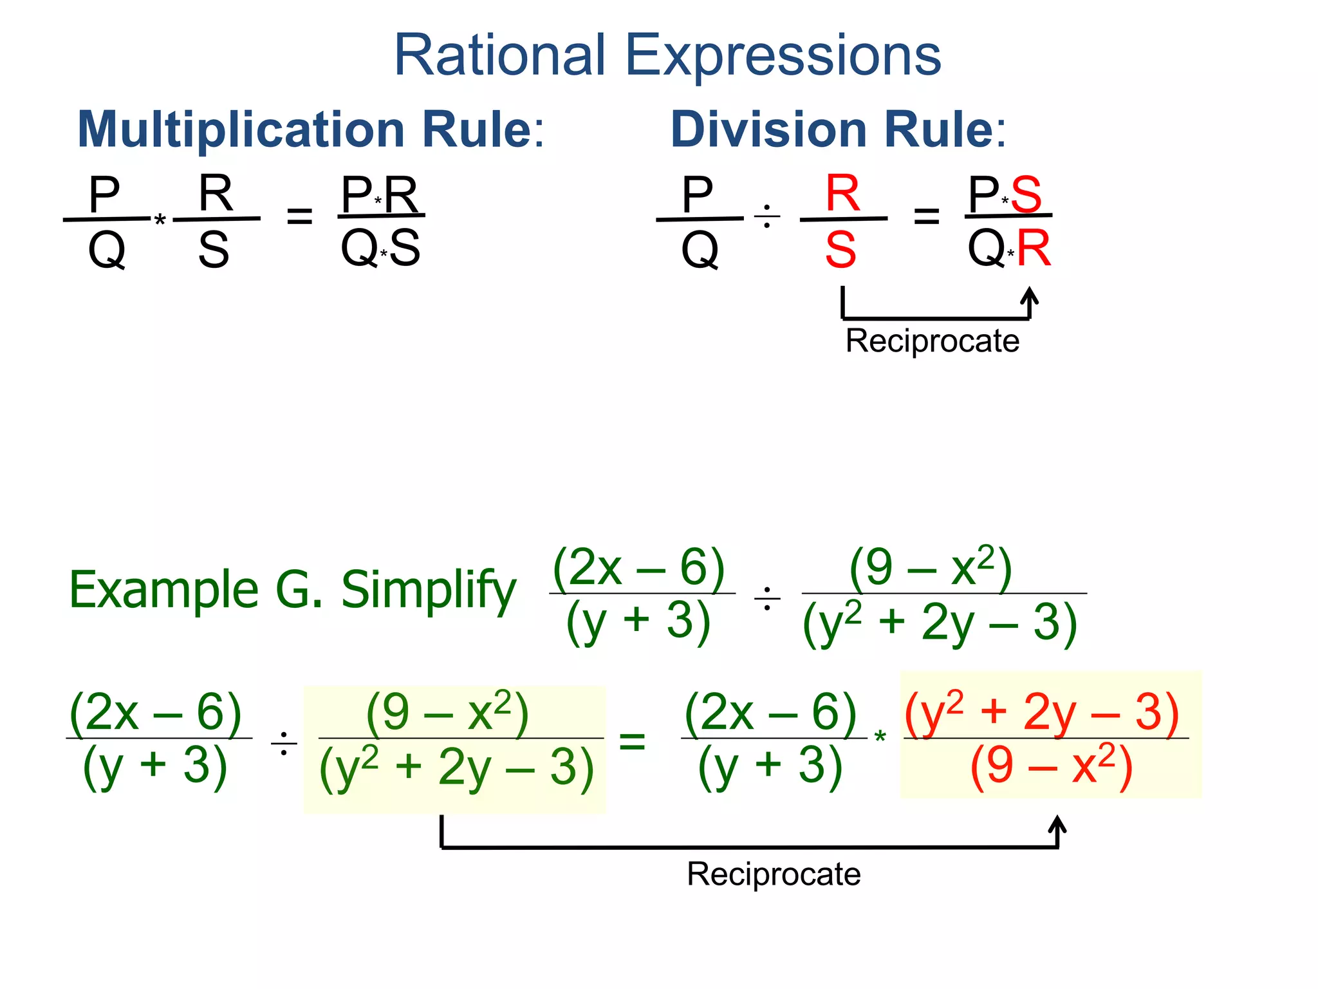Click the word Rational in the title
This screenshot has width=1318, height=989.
(x=499, y=55)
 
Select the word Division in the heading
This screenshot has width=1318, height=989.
(x=769, y=129)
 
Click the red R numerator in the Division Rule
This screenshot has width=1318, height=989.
(x=842, y=193)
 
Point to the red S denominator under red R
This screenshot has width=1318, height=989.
(x=841, y=250)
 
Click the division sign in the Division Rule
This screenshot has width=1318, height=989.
(x=767, y=216)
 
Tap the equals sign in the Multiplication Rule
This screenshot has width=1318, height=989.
(x=299, y=216)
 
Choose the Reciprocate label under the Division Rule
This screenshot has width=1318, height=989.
(x=932, y=341)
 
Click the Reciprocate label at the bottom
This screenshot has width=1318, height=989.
(x=774, y=874)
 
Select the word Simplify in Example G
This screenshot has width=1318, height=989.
(x=429, y=590)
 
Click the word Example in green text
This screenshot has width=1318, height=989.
(x=163, y=590)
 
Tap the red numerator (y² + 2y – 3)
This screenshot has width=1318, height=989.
(x=1042, y=712)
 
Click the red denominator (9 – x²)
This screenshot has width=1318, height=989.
(x=1051, y=766)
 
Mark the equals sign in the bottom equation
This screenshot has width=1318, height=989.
(x=632, y=740)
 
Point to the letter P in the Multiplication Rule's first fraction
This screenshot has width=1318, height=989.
(x=104, y=194)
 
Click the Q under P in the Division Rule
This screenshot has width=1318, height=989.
(x=700, y=250)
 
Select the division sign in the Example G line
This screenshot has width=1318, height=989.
(x=767, y=599)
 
